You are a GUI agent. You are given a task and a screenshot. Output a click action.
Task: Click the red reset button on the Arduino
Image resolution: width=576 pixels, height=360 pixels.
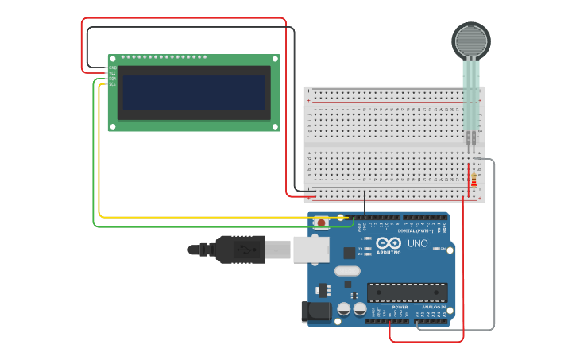point(321,223)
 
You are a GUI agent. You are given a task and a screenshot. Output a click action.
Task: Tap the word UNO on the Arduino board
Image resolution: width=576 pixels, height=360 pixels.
point(417,243)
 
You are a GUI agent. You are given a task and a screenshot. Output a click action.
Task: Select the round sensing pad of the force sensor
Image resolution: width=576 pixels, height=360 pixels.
point(472,40)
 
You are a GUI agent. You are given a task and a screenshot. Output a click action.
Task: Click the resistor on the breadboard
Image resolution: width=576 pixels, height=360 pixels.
point(474,180)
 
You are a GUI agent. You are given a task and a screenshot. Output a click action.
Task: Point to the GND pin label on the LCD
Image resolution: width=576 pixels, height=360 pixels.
point(113,68)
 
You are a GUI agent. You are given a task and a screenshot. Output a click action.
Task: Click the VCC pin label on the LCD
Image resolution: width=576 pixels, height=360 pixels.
point(113,73)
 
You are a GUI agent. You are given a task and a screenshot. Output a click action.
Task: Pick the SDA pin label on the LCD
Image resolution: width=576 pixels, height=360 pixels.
point(113,79)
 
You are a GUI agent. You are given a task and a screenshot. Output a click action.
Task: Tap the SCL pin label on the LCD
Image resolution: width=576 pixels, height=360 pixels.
point(113,84)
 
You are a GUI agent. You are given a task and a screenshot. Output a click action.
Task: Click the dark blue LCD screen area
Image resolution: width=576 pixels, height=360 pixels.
point(194,93)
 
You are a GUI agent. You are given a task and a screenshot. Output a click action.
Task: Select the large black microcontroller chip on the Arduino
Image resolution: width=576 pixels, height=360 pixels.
point(406,292)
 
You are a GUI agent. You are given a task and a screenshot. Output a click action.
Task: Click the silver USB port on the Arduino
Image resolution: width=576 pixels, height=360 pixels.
point(311,250)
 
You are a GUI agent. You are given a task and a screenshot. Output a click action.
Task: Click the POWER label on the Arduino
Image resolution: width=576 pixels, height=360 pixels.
point(400,307)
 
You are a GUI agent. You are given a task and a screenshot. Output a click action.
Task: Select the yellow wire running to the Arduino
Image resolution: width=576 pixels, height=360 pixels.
point(99,159)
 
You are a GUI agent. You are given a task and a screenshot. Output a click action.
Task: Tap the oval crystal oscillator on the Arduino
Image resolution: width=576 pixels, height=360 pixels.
point(347,271)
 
